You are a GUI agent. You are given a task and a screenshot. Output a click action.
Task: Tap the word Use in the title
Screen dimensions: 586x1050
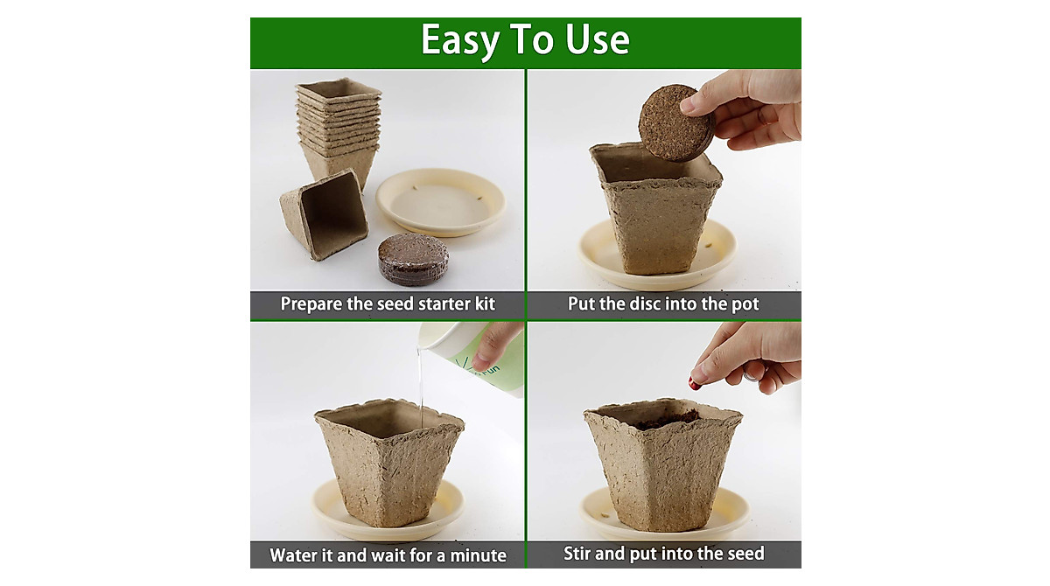[600, 40]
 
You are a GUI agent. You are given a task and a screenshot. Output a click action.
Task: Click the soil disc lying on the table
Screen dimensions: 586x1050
[413, 259]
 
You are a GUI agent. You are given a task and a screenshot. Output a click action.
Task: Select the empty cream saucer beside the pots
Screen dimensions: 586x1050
[440, 200]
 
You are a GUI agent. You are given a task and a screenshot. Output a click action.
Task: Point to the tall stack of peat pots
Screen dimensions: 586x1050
[339, 127]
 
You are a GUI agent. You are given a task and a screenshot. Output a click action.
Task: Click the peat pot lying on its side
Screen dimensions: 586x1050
[324, 213]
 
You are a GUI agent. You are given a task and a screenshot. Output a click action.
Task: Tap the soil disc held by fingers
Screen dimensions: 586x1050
[674, 122]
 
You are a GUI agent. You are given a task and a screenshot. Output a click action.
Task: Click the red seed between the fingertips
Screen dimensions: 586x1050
[694, 383]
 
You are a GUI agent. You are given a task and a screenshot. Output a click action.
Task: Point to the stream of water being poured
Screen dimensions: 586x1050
[421, 385]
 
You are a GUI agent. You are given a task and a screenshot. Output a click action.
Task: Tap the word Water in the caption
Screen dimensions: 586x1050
[294, 555]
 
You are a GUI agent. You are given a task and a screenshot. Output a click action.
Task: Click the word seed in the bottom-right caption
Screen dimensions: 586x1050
[742, 553]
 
